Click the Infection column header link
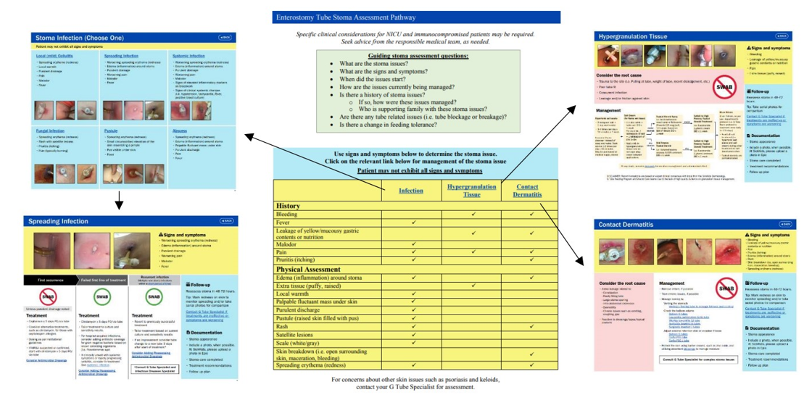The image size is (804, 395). (x=411, y=191)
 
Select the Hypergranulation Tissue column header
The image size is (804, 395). (x=472, y=191)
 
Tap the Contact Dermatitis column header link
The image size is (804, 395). (x=527, y=191)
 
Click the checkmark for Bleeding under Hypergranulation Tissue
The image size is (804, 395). (x=473, y=215)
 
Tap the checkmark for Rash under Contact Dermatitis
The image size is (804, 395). (x=531, y=326)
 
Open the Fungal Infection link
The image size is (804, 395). (x=50, y=131)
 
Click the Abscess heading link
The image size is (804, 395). (x=180, y=131)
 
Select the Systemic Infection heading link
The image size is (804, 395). (x=188, y=56)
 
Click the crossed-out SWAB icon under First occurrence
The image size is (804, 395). (x=48, y=296)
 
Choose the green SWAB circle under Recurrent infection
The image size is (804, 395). (x=154, y=296)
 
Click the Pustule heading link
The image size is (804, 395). (x=110, y=131)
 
